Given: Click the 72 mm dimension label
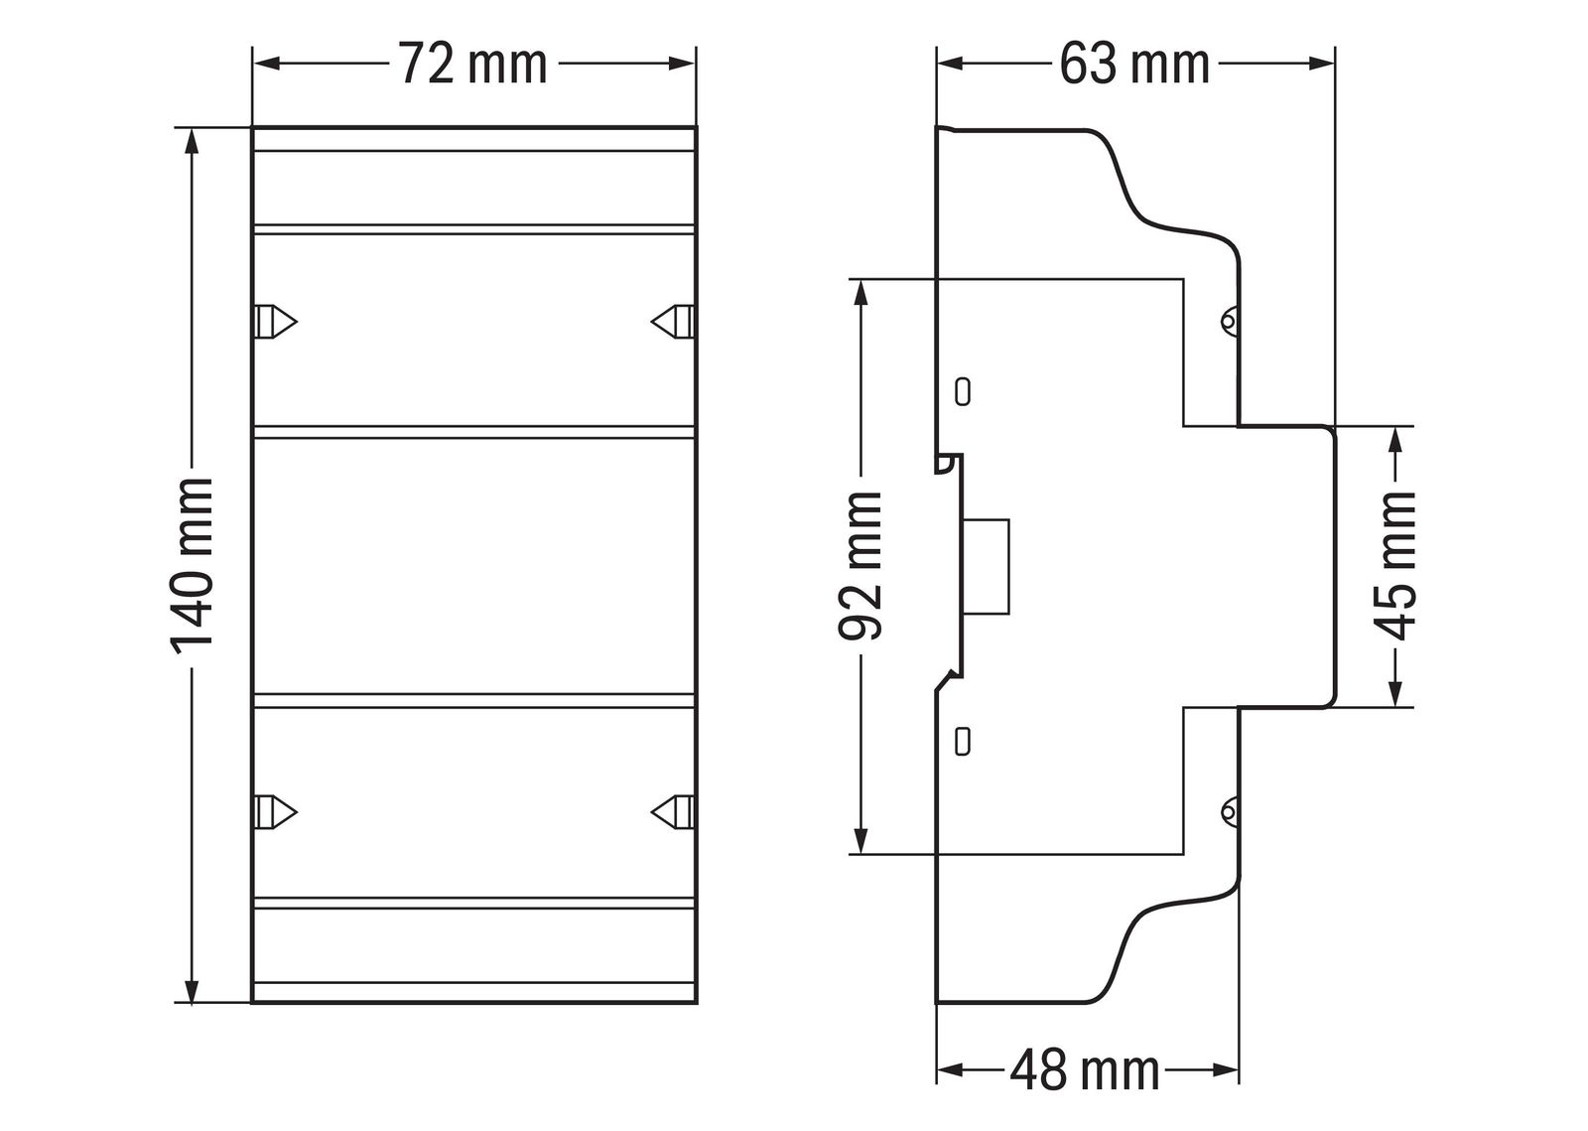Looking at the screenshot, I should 472,65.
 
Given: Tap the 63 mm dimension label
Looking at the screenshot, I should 1134,65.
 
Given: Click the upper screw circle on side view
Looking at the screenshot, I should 1229,321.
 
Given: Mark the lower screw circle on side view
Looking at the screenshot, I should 1229,812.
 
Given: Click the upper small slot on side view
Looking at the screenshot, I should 961,390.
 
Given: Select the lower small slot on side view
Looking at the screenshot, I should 961,741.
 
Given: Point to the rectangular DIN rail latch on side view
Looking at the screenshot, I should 988,567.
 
